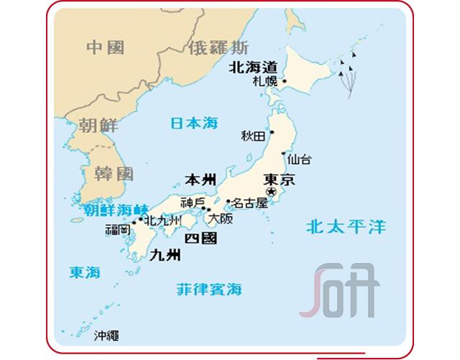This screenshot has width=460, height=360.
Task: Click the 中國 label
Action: click(x=105, y=47)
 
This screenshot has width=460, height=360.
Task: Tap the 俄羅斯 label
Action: click(x=218, y=49)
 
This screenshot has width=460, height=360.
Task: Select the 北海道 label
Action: click(x=252, y=67)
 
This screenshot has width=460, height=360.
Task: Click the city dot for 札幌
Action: click(x=285, y=81)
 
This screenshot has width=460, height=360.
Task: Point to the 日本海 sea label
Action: click(x=193, y=123)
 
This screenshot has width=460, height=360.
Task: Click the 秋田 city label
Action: click(x=253, y=135)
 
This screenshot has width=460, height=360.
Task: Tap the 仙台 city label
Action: click(x=299, y=159)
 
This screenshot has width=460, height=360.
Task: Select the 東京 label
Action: click(x=280, y=179)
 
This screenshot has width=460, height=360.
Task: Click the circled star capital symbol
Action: click(x=272, y=192)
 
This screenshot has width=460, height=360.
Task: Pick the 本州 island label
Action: click(x=200, y=179)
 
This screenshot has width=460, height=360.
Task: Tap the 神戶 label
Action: click(x=193, y=202)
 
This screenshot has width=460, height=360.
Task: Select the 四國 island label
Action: click(x=201, y=238)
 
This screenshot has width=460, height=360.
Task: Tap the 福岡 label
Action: click(x=117, y=231)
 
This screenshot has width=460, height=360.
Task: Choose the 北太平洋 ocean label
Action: click(x=345, y=228)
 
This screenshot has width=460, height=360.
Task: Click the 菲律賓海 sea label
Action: click(x=209, y=290)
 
